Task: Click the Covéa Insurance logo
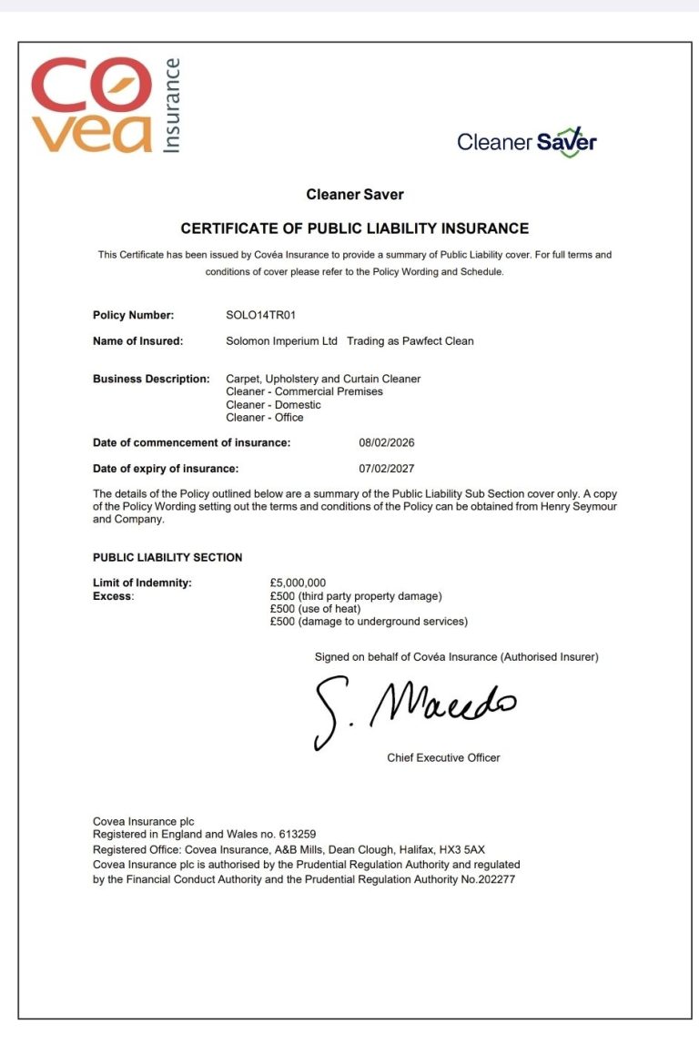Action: pos(105,106)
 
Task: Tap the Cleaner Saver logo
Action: pos(526,142)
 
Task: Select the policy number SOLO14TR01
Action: pos(261,316)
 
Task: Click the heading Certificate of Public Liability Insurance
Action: pos(354,228)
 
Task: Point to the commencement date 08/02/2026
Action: pos(387,443)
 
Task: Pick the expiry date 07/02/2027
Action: pos(387,469)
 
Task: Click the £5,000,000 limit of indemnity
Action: pos(298,583)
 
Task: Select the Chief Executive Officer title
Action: pos(443,757)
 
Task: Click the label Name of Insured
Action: pos(138,341)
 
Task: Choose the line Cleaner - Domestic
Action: pos(273,404)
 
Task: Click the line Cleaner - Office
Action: pos(265,418)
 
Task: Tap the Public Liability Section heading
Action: pos(167,557)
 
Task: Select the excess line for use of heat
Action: pos(315,609)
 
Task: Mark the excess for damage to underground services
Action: pos(369,622)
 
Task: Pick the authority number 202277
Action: pos(494,880)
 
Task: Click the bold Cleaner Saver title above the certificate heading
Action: pos(354,194)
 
